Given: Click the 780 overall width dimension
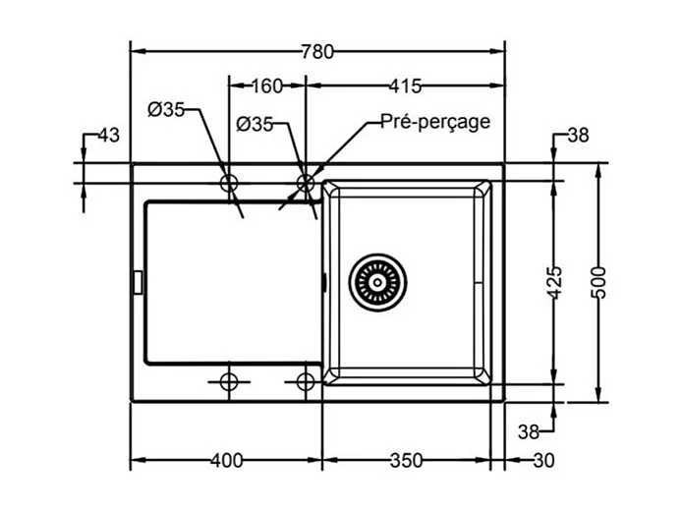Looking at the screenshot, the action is [317, 52].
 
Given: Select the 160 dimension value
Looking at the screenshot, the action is [267, 85].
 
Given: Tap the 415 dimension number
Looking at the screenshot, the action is [405, 85].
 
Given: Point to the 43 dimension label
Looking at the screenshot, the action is [108, 136].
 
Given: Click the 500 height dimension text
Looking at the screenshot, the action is [598, 283].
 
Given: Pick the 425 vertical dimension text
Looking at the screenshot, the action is [554, 283].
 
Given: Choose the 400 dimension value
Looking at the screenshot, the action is [227, 460].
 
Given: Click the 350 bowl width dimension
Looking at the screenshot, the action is [406, 460].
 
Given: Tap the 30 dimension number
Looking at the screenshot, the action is [543, 460].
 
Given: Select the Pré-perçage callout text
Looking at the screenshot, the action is [435, 122].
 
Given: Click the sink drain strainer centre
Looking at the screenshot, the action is [377, 282].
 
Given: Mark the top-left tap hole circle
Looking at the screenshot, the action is [229, 183].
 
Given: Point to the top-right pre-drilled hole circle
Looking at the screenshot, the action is [306, 183].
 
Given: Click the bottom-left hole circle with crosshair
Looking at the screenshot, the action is [229, 382].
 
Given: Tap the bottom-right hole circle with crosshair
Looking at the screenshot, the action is [306, 382].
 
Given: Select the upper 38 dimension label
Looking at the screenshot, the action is [578, 136].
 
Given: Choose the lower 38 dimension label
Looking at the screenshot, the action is [529, 431].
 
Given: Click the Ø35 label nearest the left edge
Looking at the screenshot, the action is [166, 110].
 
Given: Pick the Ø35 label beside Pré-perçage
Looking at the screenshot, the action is [255, 125].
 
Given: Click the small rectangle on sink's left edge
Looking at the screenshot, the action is [137, 282].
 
